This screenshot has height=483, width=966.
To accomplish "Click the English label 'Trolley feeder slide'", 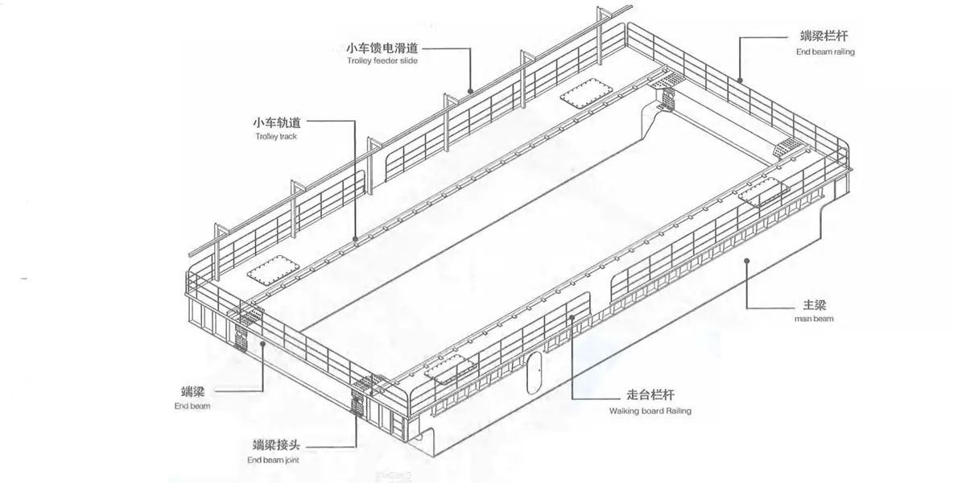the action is [x=382, y=61].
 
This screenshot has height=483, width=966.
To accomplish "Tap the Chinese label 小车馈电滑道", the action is [x=382, y=47].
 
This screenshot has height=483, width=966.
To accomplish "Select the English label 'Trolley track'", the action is [x=276, y=136].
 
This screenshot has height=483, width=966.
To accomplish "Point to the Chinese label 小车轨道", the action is [x=276, y=123].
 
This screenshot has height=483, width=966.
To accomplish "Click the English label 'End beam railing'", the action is [x=825, y=52].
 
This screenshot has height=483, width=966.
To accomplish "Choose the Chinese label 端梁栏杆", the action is [x=824, y=35].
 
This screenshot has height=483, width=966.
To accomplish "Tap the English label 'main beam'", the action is [x=814, y=319].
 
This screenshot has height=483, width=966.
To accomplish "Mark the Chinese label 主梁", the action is [x=815, y=305].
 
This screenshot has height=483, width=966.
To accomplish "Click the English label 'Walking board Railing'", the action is [x=650, y=411].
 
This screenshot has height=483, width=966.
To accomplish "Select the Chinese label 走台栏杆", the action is [x=650, y=395].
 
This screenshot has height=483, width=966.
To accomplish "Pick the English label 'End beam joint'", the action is [x=273, y=460].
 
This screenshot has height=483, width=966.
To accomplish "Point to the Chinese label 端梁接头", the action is [x=276, y=444].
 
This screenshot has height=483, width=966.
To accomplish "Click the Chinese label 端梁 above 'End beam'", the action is [x=192, y=391].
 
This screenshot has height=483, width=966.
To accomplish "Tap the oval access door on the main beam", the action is [x=534, y=373].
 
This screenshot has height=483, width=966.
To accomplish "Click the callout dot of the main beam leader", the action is [x=746, y=261].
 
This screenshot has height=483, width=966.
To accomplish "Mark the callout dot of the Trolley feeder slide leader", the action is [x=470, y=92].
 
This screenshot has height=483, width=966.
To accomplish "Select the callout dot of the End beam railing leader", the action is [x=740, y=80].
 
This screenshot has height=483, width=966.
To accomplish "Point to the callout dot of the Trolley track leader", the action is [x=355, y=238].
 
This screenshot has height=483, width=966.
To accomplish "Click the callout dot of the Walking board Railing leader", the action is [x=572, y=317].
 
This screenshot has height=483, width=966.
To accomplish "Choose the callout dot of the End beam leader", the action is [x=262, y=344].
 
